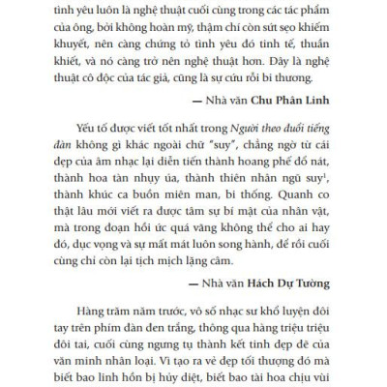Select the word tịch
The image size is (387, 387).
(x=190, y=252)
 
